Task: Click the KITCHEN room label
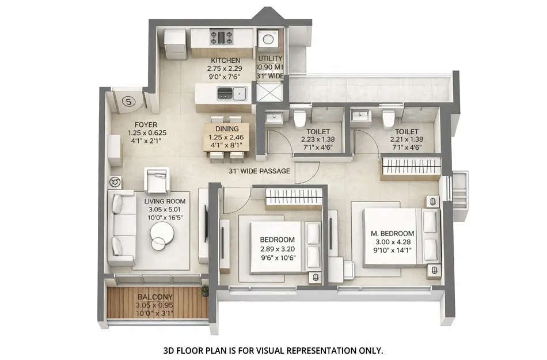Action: point(225,60)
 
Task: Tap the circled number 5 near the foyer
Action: point(129,102)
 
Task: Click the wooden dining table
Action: point(226,138)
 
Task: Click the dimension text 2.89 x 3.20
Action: point(277,249)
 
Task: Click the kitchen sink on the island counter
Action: point(238,92)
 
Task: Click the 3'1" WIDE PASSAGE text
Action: point(259,171)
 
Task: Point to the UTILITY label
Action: point(270,59)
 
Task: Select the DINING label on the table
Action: point(226,129)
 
